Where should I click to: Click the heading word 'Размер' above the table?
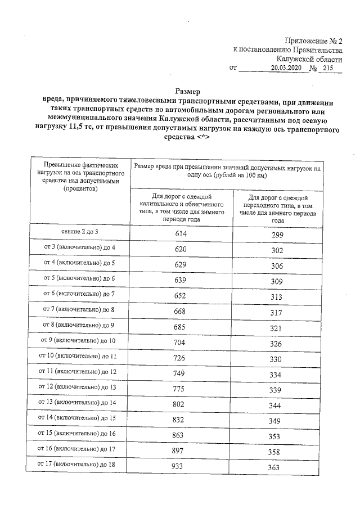coord(188,91)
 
